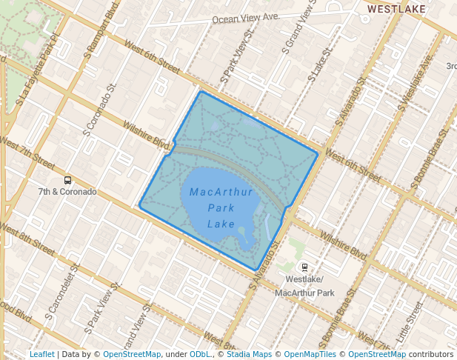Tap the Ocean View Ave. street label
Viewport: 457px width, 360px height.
pos(245,18)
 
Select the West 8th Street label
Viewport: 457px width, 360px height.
pos(28,243)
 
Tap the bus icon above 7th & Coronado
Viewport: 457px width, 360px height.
pos(68,180)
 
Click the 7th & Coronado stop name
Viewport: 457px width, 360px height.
pos(68,192)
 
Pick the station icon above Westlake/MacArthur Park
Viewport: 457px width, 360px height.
pos(304,267)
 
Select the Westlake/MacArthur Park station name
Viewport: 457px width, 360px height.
pos(304,286)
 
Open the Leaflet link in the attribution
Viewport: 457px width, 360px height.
pos(41,354)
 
